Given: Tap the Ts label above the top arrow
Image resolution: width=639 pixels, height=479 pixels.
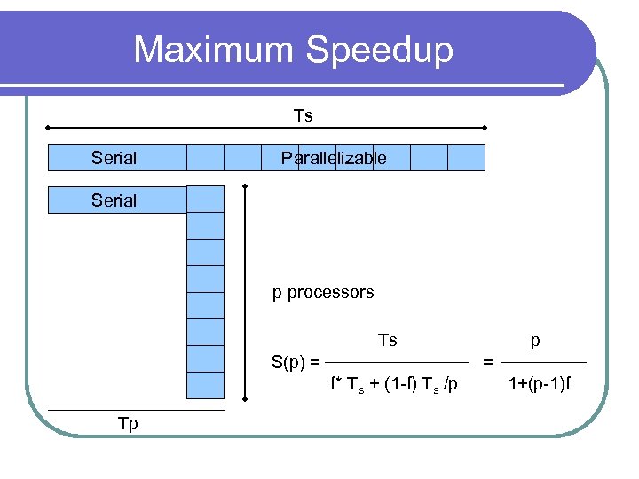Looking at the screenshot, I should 304,115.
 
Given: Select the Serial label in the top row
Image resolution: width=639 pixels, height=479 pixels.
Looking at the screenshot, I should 114,158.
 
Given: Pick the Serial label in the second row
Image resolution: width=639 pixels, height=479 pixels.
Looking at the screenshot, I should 114,200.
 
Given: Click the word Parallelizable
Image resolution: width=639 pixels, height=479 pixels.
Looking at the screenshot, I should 334,158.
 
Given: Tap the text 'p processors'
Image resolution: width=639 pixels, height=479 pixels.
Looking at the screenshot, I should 323,292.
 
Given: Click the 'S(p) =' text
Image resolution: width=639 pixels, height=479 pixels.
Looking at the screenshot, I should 296,362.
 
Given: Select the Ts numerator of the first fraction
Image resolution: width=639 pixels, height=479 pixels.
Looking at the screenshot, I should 388,340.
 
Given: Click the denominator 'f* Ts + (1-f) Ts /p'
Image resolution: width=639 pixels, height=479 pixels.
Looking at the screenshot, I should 394,384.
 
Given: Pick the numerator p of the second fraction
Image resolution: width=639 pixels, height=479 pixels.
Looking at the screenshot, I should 535,341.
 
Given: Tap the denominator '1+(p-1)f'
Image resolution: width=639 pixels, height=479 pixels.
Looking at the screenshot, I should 540,384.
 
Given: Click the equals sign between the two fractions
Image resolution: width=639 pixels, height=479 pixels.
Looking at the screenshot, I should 487,362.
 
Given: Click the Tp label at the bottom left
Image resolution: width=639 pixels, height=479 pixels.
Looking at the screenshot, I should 128,423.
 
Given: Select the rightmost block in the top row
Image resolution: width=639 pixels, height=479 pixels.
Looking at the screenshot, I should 466,157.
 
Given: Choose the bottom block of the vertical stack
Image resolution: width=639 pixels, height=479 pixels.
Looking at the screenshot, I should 205,386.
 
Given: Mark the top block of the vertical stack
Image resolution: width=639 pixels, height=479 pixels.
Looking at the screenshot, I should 205,200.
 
